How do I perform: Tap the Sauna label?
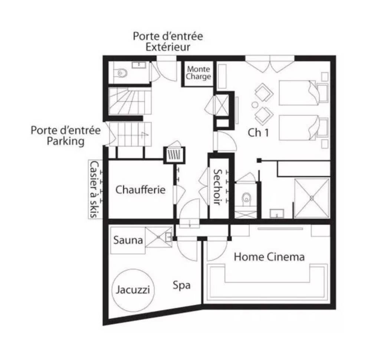point(128,240)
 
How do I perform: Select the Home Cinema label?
point(269,257)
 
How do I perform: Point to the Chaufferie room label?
point(140,190)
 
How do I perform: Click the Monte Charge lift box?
point(198,73)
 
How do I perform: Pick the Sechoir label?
point(217,187)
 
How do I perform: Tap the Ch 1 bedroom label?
point(258,132)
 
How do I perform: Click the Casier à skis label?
point(94,189)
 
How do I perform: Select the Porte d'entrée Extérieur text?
point(168,42)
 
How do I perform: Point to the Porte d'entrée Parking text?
point(66,135)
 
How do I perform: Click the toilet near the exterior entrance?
point(121,73)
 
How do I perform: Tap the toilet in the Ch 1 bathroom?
point(246,197)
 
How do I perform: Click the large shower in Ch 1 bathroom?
point(312,198)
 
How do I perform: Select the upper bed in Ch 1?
point(299,93)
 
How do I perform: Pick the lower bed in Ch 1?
point(299,128)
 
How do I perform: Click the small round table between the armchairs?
point(255,104)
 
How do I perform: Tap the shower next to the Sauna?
point(159,237)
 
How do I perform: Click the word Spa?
point(181,285)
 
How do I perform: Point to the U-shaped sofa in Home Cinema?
point(207,282)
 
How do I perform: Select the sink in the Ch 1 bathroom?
point(277,213)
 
